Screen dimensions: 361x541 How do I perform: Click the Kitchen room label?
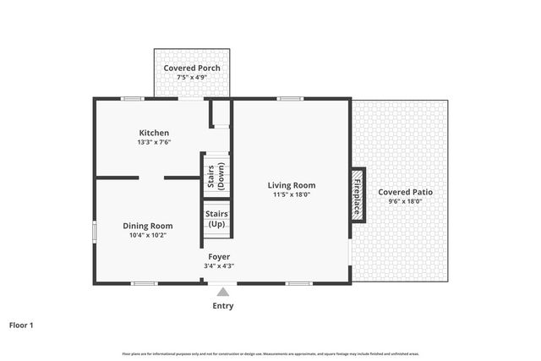tap(154, 133)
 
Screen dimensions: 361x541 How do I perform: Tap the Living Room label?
tap(292, 185)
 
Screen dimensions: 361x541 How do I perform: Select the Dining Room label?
tap(148, 226)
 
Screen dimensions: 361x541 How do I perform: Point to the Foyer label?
tap(218, 256)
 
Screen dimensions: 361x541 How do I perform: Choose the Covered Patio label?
tap(405, 192)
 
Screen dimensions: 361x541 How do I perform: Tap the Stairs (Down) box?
tap(216, 174)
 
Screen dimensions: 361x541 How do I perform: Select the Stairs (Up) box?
tap(216, 219)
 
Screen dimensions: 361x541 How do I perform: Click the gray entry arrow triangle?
tap(222, 292)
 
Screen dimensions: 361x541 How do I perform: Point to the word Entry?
tap(222, 306)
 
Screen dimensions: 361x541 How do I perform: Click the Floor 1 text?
tap(21, 325)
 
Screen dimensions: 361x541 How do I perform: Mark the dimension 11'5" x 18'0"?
tap(292, 194)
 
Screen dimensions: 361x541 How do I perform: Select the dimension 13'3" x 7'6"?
tap(154, 142)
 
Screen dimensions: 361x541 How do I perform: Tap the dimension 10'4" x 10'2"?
tap(148, 235)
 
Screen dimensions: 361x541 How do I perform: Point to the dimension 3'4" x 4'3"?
tap(218, 265)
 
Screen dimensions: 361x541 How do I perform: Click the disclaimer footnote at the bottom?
tap(270, 352)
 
